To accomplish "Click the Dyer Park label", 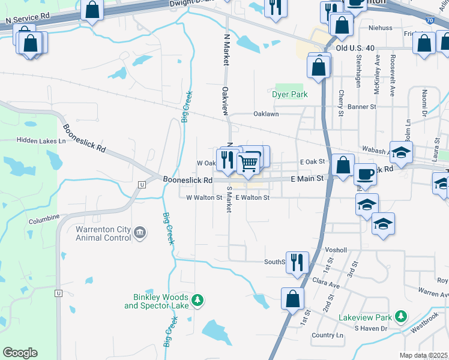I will [x=289, y=95].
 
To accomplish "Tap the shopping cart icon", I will [x=248, y=162].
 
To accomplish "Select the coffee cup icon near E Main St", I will [x=366, y=175].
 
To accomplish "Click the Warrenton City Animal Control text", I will [x=103, y=233].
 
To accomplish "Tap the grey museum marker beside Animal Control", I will [x=140, y=232].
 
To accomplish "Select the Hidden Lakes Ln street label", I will [x=41, y=140].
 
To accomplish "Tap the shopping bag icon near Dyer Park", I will [x=319, y=67].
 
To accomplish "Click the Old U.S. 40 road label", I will [x=355, y=48].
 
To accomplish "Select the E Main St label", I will [x=307, y=178].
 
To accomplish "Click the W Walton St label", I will [x=204, y=197].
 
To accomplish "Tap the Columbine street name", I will [x=43, y=217].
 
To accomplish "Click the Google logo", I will [x=20, y=352].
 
